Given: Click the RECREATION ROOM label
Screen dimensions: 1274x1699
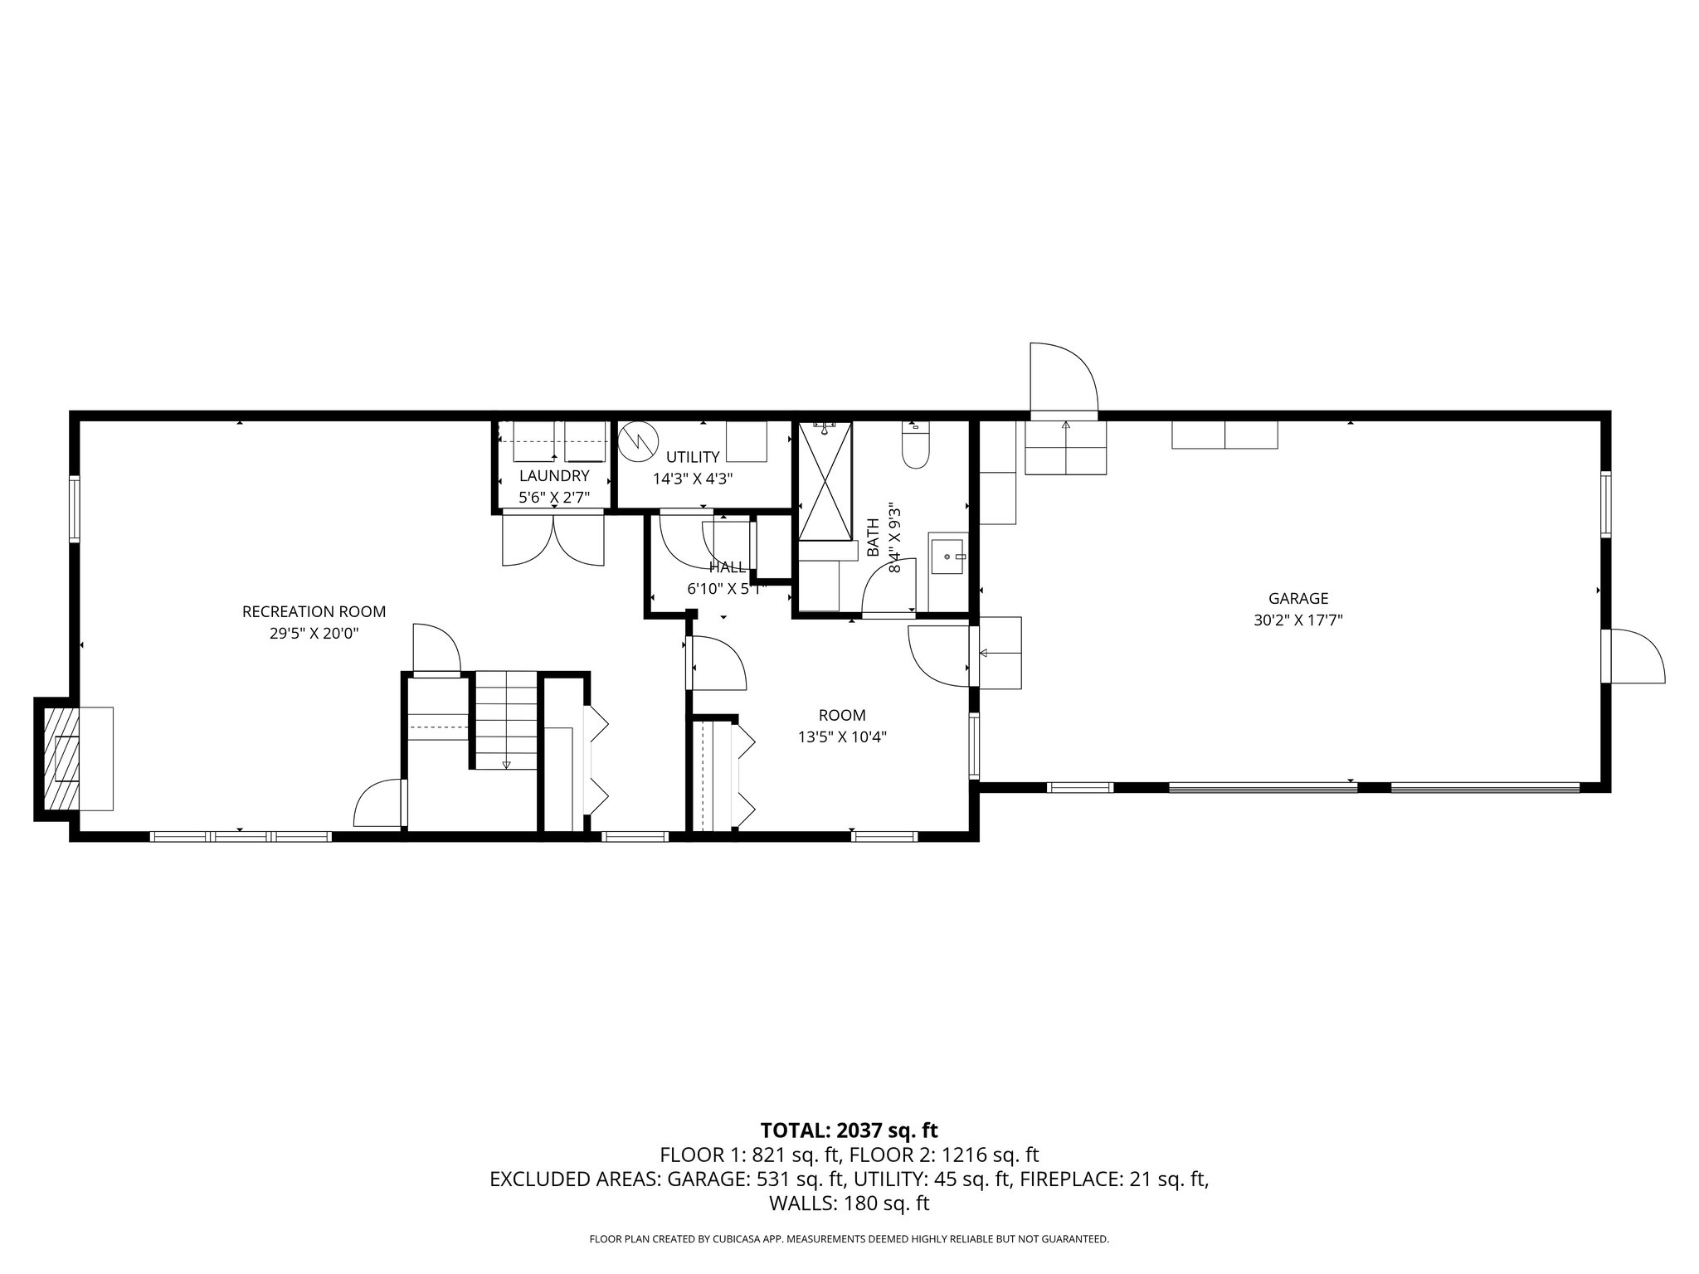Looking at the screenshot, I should coord(314,612).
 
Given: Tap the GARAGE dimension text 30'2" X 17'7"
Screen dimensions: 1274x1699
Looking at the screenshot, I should coord(1297,619).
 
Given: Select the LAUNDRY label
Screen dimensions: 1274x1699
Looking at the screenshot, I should coord(553,476).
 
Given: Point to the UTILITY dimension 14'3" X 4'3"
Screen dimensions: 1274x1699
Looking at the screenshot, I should coord(693,479).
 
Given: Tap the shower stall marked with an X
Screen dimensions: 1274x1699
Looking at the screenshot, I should coord(825,481).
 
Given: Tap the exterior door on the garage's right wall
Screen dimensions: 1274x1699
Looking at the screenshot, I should coord(1633,656).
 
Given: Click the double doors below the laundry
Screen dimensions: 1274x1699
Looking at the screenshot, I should coord(553,539).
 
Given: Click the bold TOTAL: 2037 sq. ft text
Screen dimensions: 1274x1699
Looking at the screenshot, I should coord(849,1130).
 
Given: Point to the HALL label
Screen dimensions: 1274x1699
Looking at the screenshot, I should coord(727,567).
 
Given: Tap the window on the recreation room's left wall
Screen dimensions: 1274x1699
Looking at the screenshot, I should coord(75,508).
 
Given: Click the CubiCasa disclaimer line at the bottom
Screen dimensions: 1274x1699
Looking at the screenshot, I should coord(849,1239).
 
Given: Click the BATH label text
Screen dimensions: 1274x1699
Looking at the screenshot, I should coord(873,537).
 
